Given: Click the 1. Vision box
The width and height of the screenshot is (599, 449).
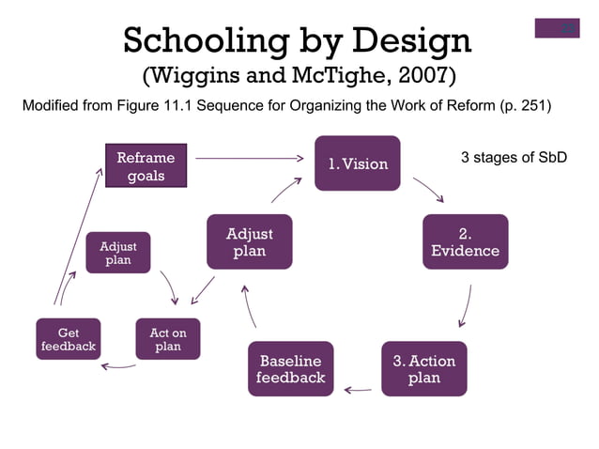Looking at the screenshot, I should (357, 163).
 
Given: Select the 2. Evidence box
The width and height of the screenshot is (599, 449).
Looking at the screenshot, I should (465, 241).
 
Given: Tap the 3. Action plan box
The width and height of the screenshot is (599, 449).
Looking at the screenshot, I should (423, 368).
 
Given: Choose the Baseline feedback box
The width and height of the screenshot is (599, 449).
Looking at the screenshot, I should (290, 368).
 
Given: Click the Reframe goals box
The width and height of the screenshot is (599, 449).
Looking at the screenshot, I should (146, 166).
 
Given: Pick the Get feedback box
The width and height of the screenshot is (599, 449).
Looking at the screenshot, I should (68, 339).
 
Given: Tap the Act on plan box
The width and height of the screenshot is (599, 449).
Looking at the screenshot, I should (167, 339).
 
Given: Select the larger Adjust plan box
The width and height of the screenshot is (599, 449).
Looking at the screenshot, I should (249, 241).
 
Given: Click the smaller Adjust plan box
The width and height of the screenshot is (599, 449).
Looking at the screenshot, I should (117, 253).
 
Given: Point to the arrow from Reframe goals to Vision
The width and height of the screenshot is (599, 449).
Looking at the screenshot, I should (249, 159).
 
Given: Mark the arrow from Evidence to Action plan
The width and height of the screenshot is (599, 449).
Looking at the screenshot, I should (466, 306).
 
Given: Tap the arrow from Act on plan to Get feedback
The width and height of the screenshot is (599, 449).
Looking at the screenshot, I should (118, 366).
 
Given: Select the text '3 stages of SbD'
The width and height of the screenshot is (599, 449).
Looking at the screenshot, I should (514, 157).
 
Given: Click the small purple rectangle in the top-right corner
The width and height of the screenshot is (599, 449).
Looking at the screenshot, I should (557, 28).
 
